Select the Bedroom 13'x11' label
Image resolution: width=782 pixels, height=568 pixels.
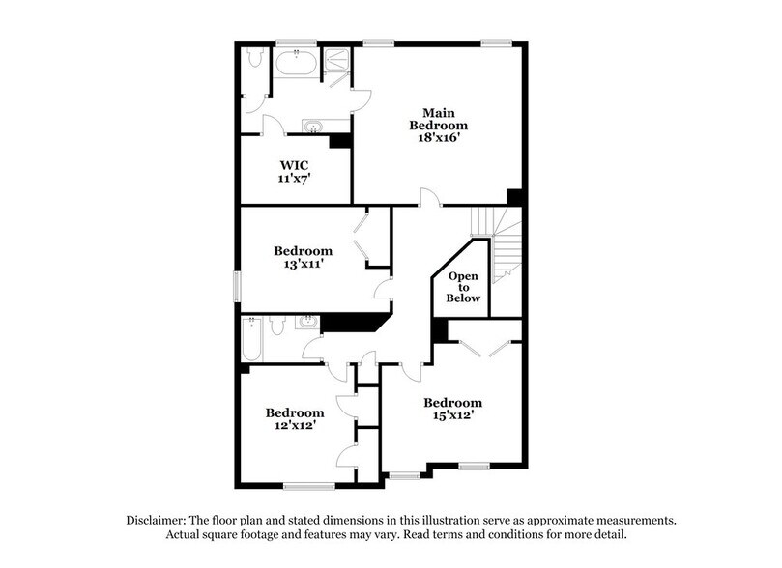(303, 258)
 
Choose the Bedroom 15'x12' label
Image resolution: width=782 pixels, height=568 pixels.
(452, 410)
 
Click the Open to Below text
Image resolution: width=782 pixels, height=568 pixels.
(462, 288)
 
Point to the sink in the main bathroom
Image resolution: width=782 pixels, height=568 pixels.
(313, 127)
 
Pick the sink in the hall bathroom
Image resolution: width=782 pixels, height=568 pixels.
(306, 322)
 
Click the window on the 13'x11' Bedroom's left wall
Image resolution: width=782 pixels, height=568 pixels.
(238, 287)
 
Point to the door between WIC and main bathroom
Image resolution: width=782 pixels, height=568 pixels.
(274, 126)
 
